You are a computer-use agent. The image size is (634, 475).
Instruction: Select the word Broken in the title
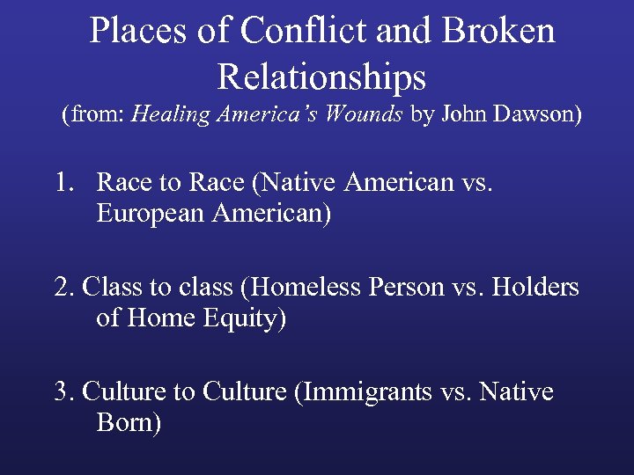pos(499,32)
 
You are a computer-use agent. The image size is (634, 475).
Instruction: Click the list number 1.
pos(62,183)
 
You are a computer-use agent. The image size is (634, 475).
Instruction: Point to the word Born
pos(127,423)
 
